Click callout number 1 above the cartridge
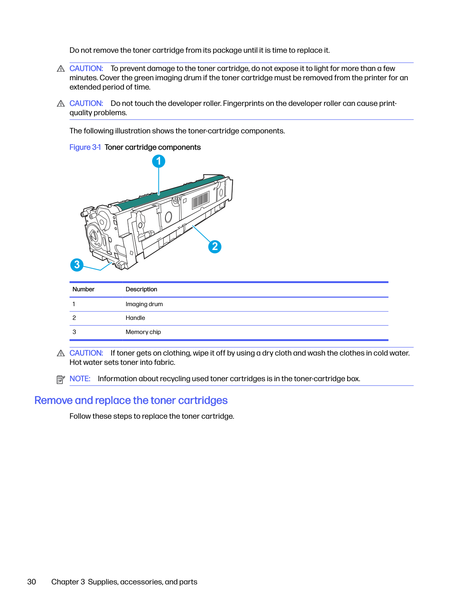159,161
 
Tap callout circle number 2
215,247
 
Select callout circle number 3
77,265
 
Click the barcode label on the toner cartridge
200,200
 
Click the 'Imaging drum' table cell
144,304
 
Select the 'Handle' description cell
135,318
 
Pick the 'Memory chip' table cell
143,332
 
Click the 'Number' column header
83,289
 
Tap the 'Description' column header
141,289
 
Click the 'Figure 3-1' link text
85,147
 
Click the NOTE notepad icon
60,379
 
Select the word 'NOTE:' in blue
80,379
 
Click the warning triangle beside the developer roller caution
61,104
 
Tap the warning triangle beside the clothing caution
61,353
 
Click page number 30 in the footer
32,582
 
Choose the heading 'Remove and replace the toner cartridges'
131,400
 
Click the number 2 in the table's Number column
74,318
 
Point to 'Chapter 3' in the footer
68,582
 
